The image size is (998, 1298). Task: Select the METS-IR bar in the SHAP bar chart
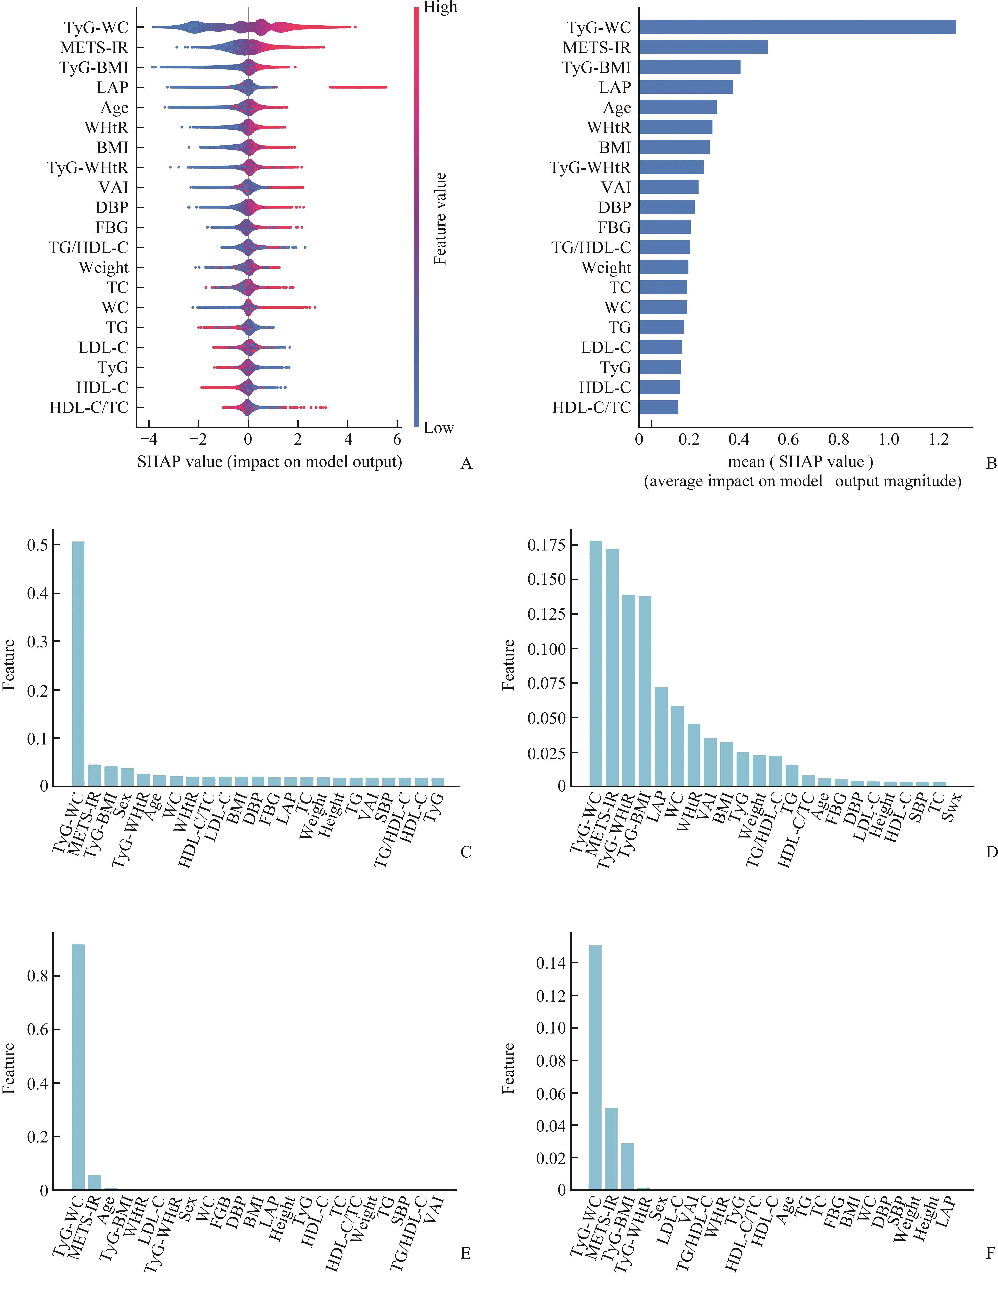[x=703, y=47]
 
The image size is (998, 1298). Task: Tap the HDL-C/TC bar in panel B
[x=658, y=407]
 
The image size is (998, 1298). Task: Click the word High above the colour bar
[x=440, y=8]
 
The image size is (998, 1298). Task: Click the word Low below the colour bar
[x=438, y=428]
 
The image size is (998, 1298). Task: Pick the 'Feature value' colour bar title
[x=440, y=218]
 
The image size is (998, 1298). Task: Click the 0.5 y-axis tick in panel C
[x=37, y=545]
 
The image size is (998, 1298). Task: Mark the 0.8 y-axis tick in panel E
[x=37, y=976]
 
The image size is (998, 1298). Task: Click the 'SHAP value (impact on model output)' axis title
[x=269, y=462]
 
